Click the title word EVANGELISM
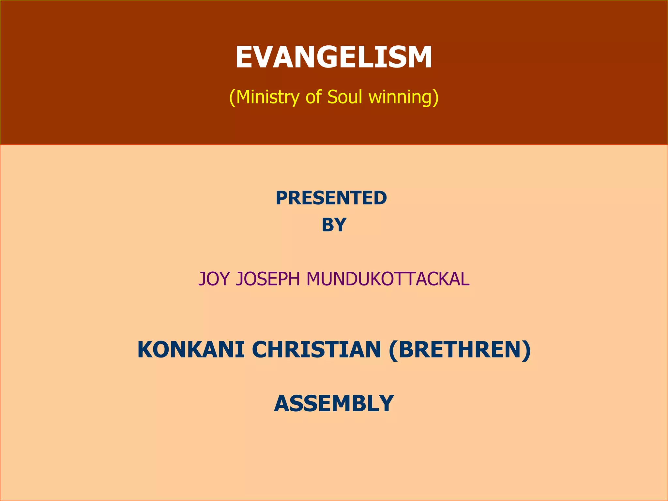(334, 57)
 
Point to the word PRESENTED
(331, 198)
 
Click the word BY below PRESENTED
(334, 225)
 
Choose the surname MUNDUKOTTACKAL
(388, 279)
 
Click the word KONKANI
(191, 350)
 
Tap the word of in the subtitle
(313, 97)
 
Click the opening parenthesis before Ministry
(232, 98)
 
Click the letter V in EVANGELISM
(273, 57)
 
